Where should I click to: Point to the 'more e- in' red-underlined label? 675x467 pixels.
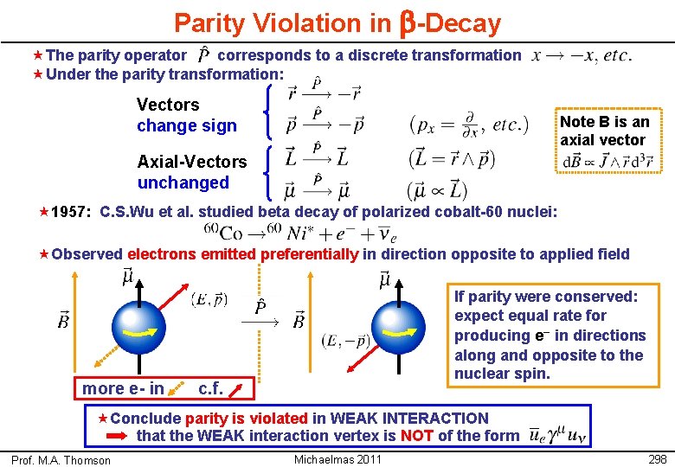(122, 388)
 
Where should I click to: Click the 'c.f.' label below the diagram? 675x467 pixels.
(210, 388)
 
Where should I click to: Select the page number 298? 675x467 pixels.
(656, 459)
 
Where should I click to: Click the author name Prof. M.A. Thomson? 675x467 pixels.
(61, 460)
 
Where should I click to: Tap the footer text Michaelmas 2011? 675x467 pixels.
(337, 459)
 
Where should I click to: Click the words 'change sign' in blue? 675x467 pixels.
(186, 126)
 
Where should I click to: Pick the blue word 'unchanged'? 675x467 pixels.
(183, 182)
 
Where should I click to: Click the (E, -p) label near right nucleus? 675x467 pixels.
(344, 341)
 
